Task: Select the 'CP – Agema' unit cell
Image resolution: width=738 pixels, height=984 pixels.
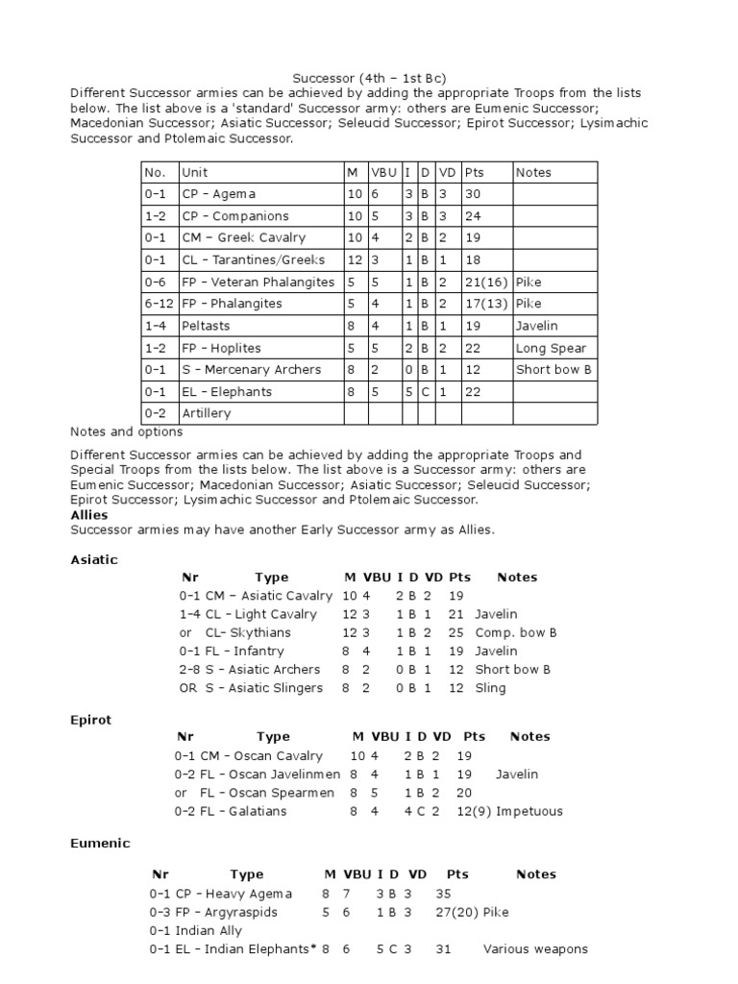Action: click(x=219, y=194)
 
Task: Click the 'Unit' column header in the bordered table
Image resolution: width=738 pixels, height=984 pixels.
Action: click(x=195, y=172)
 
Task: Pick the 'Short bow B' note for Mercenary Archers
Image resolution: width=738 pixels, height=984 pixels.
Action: click(x=554, y=370)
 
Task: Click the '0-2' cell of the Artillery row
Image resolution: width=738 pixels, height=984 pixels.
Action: click(x=155, y=413)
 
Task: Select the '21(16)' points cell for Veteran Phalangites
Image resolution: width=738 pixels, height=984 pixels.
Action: click(x=485, y=283)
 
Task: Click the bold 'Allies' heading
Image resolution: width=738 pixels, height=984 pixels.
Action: click(x=89, y=515)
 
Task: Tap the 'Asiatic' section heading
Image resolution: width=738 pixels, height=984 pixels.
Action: click(x=94, y=559)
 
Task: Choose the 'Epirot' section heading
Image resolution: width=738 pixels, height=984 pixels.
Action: click(x=91, y=719)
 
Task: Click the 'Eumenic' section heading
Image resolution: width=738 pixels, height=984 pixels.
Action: click(x=100, y=843)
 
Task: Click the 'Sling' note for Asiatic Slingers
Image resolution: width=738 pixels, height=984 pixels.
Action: click(x=490, y=688)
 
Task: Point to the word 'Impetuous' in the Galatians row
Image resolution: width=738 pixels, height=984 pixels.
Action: click(x=529, y=811)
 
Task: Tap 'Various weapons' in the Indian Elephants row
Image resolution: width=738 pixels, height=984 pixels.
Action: click(x=535, y=949)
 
